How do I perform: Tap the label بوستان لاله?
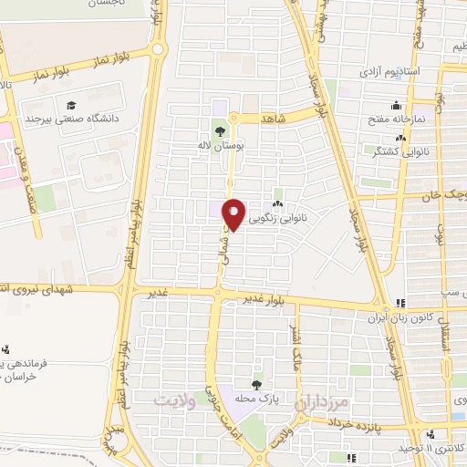221,144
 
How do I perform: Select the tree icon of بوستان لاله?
221,129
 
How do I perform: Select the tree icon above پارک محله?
257,384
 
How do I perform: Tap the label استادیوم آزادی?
388,70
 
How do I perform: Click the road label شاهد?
273,119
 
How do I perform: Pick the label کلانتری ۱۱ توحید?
432,450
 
